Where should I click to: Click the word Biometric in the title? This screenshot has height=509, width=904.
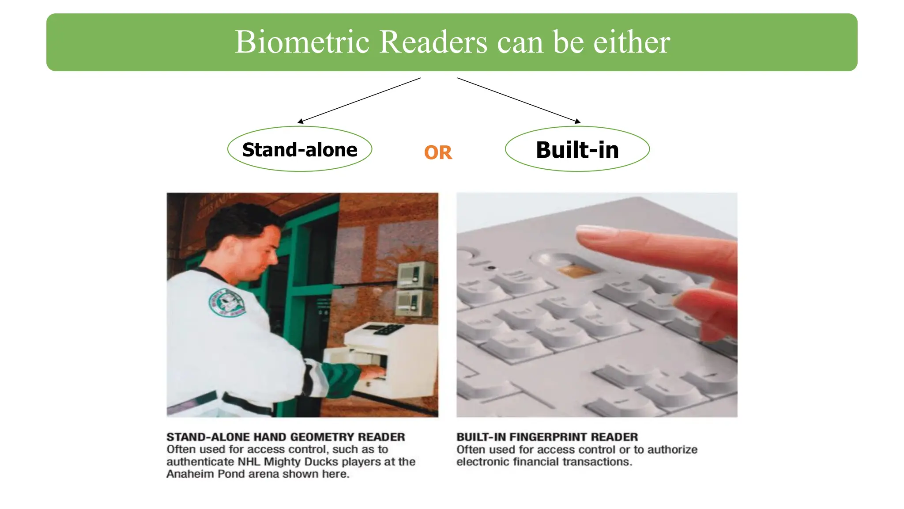coord(302,42)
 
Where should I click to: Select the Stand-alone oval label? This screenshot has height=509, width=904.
coord(300,149)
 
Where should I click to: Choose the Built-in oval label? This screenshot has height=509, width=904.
coord(577,149)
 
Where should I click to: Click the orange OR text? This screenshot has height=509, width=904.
coord(438,153)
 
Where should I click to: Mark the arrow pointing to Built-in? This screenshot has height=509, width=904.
coord(519,100)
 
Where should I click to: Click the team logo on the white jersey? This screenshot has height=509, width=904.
coord(227,303)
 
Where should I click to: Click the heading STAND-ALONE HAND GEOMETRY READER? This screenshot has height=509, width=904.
coord(286,437)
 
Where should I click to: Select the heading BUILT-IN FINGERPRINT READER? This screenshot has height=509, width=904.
coord(547,437)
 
